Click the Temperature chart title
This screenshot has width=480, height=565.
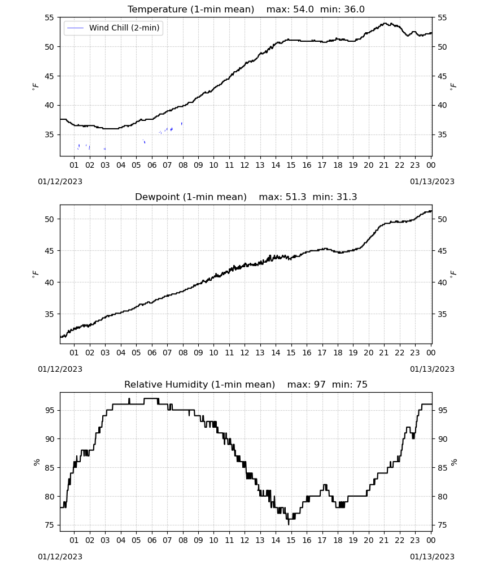point(191,10)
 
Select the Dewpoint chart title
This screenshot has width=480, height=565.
point(191,197)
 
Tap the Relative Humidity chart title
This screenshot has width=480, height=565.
point(199,384)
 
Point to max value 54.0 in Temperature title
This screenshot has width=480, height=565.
point(290,10)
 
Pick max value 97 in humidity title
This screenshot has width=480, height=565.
point(307,384)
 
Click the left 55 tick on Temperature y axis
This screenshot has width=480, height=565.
point(50,18)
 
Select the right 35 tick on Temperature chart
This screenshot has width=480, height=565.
point(442,135)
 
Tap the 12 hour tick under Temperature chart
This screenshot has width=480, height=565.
point(245,165)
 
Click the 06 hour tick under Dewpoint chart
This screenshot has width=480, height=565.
point(151,353)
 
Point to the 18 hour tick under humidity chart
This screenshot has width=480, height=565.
point(337,540)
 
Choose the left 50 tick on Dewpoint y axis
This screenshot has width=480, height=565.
point(50,219)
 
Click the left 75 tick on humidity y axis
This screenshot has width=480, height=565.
point(50,525)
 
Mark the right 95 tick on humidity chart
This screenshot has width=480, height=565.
point(442,410)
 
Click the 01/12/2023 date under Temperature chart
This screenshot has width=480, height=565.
point(60,181)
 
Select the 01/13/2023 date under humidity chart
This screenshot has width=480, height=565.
point(432,557)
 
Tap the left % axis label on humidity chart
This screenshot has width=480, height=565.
point(36,462)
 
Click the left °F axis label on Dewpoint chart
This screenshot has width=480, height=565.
point(35,274)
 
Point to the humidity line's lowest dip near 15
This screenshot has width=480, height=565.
point(289,524)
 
